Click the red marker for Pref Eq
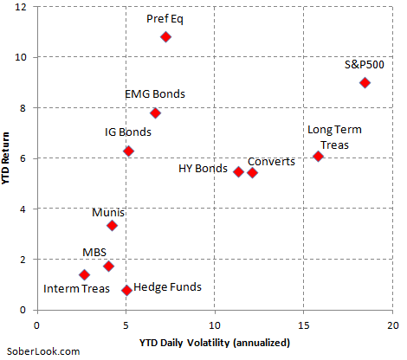coord(165,37)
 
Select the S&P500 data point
coord(365,83)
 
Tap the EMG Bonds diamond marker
coord(155,113)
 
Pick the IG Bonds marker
coord(128,151)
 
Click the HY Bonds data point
coord(238,171)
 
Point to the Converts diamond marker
coord(252,173)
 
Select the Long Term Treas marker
coord(318,157)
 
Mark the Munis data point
coord(112,226)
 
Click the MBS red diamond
coord(108,267)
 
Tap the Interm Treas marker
coord(84,275)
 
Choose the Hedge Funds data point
coord(126,291)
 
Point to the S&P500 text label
coord(365,64)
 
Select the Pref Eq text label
coord(165,17)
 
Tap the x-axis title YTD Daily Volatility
coord(214,343)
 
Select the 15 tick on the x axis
coord(303,325)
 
